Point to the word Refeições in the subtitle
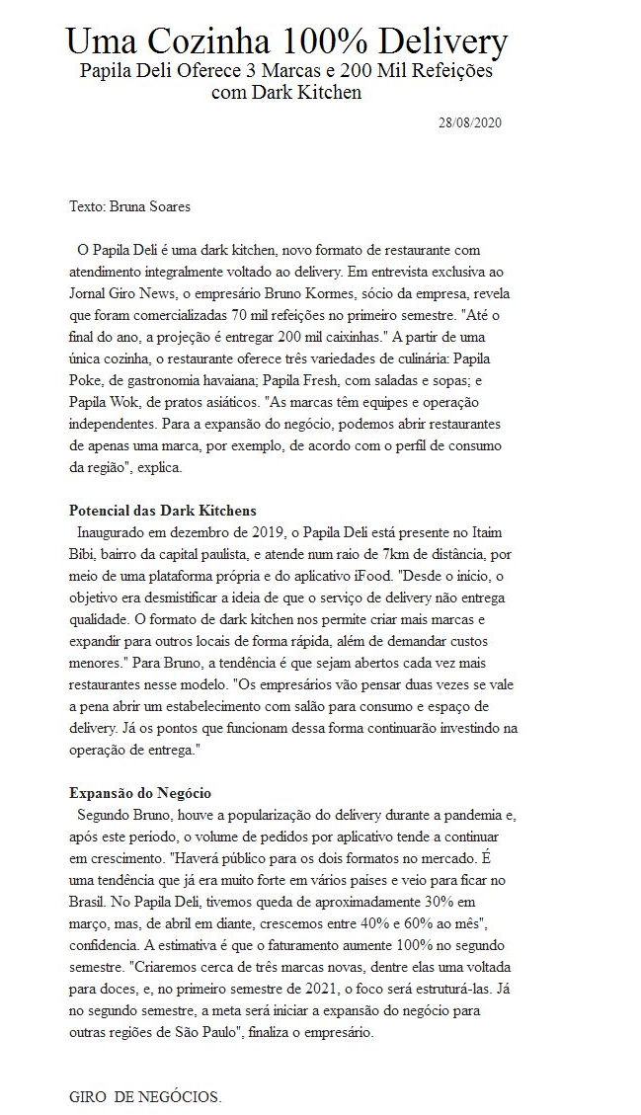pos(456,72)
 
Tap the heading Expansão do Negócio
pos(140,793)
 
